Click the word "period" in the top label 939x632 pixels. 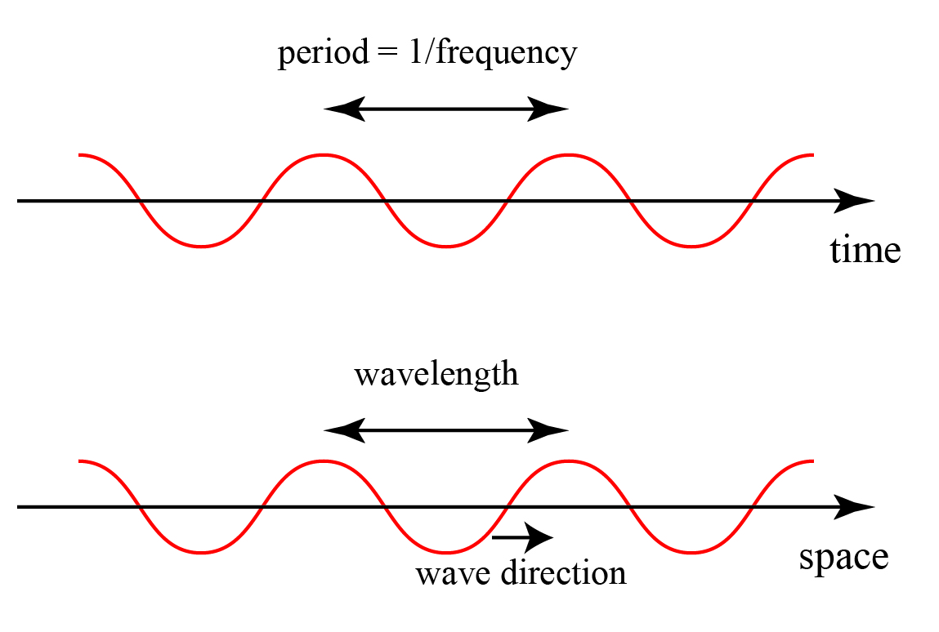tap(324, 55)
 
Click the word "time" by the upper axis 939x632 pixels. tap(865, 250)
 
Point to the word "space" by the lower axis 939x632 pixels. tap(843, 558)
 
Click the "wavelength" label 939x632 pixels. tap(436, 375)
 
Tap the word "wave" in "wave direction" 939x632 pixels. tap(450, 573)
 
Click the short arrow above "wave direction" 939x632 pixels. tap(523, 536)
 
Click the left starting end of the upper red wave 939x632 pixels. tap(81, 154)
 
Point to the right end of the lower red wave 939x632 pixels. tap(812, 462)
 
